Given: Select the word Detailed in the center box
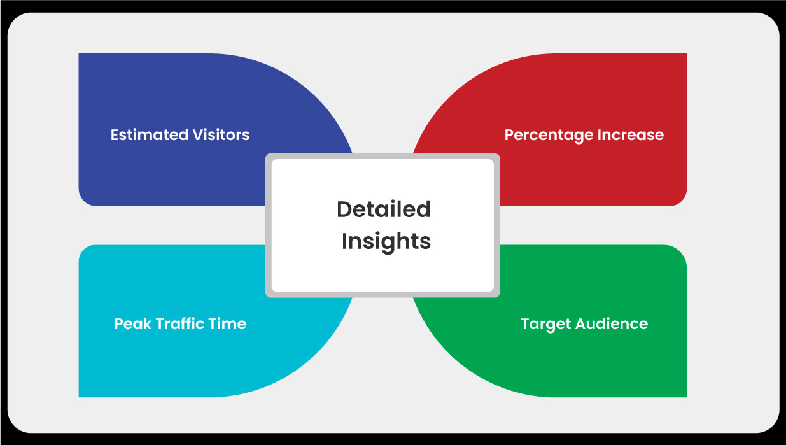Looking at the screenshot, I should [384, 209].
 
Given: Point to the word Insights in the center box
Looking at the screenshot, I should [386, 242].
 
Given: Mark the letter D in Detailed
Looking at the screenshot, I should [344, 209].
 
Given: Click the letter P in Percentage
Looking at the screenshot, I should [509, 135].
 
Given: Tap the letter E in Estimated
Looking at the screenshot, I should [115, 135].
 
